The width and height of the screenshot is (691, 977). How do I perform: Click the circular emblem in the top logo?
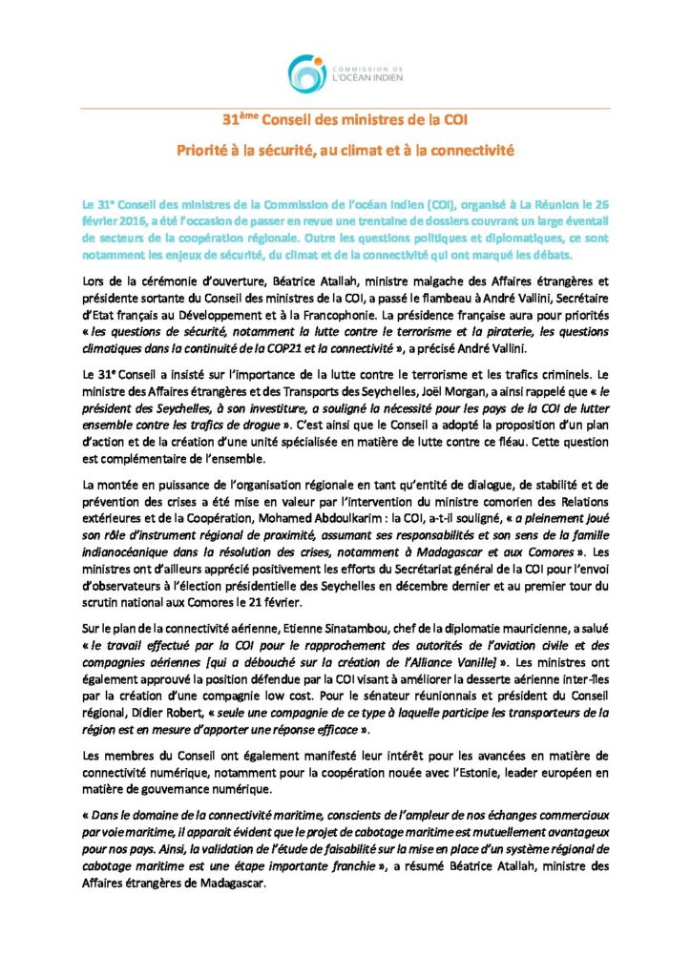click(305, 74)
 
